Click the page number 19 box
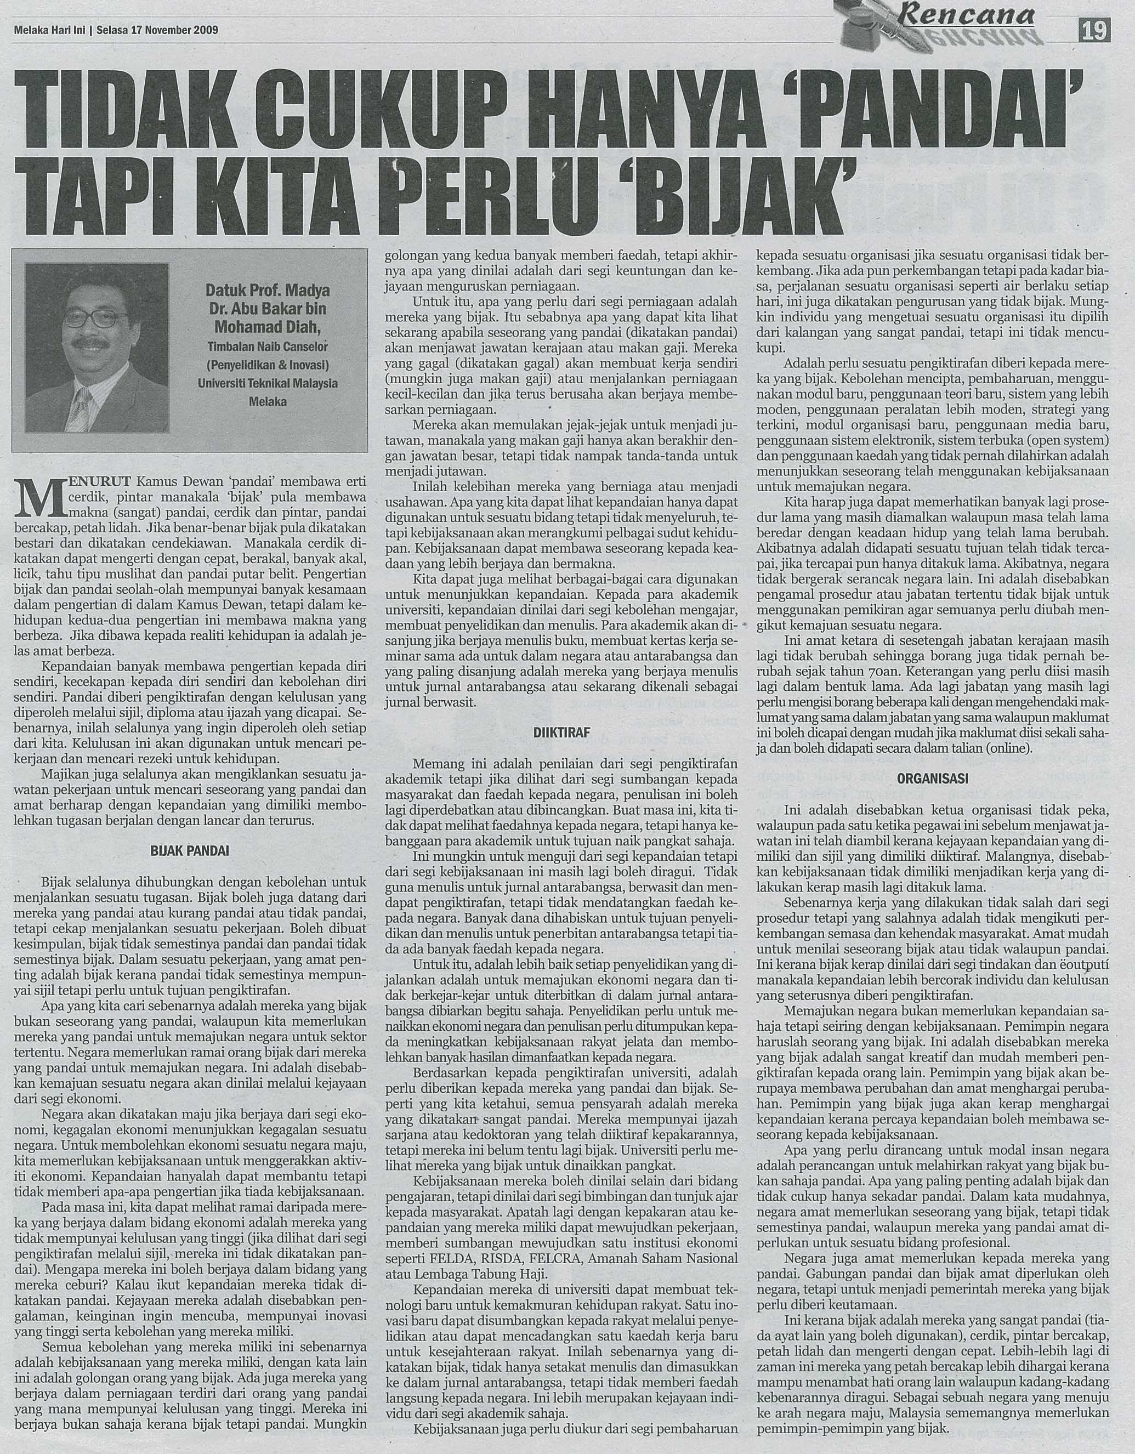1098,30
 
